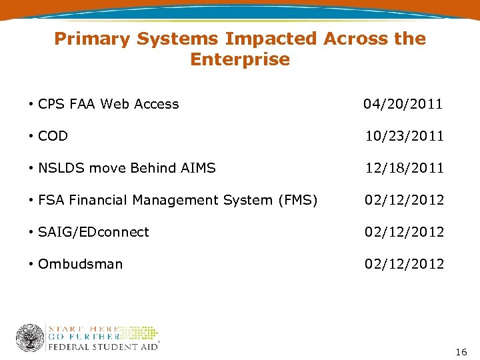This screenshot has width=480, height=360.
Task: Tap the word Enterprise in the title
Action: coord(240,59)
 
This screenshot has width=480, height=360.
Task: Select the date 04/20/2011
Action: coord(403,104)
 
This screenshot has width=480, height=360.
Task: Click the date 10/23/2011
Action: coord(404,136)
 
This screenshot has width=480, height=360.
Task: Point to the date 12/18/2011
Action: coord(404,168)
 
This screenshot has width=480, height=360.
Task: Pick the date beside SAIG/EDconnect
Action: coord(404,232)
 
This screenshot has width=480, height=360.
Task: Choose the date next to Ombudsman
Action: coord(404,264)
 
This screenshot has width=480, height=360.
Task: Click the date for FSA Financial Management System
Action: coord(404,200)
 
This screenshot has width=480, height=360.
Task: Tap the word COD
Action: coord(53,136)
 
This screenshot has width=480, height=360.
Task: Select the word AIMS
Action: coord(198,168)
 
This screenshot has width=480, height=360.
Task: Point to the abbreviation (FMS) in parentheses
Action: coord(297,200)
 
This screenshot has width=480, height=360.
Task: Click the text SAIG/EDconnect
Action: coord(93,232)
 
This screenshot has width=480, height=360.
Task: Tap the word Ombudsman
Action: coord(80,264)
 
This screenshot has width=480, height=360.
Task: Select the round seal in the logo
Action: coord(30,338)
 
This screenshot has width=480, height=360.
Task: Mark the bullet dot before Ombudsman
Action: coord(31,264)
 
